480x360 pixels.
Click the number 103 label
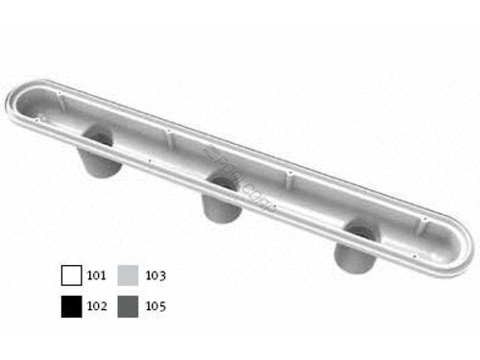(156, 276)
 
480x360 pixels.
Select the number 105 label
(156, 307)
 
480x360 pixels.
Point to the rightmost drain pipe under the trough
(356, 252)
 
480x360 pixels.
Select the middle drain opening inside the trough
(223, 181)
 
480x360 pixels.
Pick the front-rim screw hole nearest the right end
(411, 256)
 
